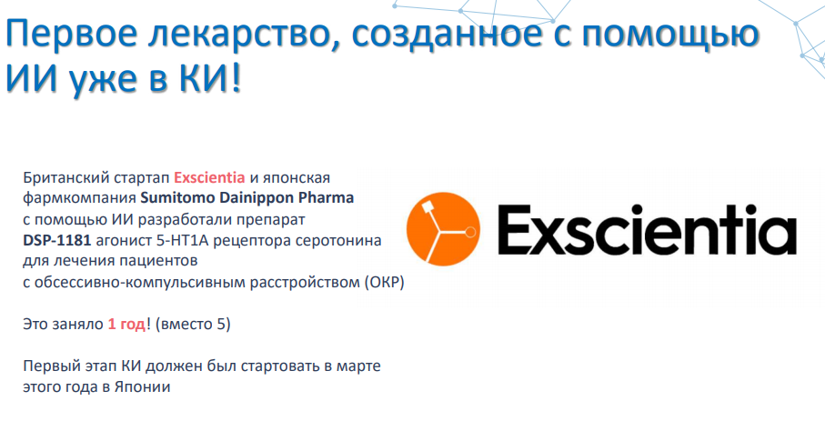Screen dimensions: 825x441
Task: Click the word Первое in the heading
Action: click(x=71, y=33)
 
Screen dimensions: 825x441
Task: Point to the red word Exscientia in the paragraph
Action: click(x=209, y=177)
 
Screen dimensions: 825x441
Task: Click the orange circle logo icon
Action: click(x=443, y=229)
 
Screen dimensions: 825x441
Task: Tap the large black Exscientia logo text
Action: click(x=647, y=230)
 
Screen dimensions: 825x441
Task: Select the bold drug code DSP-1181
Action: click(x=56, y=240)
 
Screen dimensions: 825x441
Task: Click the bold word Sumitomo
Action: click(x=177, y=198)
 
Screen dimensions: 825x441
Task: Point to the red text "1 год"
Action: click(x=126, y=325)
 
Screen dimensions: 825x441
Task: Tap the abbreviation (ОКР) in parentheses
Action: click(x=384, y=282)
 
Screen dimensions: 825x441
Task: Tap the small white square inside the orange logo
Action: click(x=427, y=205)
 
